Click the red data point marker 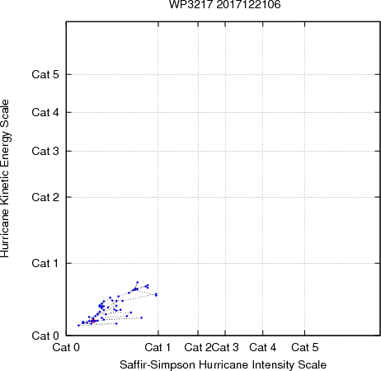pos(93,321)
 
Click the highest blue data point pos(138,282)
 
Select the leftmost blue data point pos(78,326)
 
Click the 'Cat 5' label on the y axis pos(45,74)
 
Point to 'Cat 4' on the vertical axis pos(45,112)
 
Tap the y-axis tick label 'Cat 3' pos(45,151)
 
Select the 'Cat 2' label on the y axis pos(45,197)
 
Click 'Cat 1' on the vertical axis pos(45,263)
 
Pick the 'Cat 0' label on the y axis pos(45,336)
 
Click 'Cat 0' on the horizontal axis pos(66,347)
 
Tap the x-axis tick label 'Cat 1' pos(158,347)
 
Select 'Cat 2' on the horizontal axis pos(198,347)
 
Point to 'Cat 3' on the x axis pos(226,347)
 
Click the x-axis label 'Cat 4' pos(263,347)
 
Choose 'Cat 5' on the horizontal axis pos(305,347)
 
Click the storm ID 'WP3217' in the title pos(191,4)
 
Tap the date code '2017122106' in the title pos(248,4)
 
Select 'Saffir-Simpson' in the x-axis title pos(158,364)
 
